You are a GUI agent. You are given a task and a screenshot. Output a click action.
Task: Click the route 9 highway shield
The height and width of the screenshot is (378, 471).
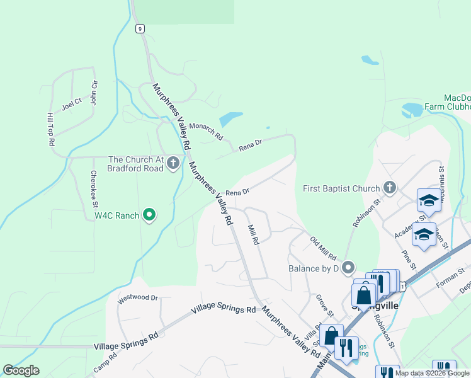click(139, 28)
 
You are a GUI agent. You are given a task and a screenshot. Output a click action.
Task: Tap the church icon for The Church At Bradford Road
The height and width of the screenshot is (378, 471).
click(174, 164)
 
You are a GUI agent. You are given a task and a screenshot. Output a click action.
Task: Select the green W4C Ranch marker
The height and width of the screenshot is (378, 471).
click(149, 215)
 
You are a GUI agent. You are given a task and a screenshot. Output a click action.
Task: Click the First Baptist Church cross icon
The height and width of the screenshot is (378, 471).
click(390, 188)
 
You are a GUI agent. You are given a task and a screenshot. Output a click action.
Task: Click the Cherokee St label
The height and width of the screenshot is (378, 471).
click(93, 188)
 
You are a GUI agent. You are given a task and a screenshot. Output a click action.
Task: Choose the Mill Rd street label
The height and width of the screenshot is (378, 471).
click(253, 235)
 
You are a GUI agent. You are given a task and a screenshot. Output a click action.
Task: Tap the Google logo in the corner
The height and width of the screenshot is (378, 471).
click(21, 370)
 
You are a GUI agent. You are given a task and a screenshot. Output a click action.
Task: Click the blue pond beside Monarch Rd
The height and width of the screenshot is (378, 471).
click(230, 118)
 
